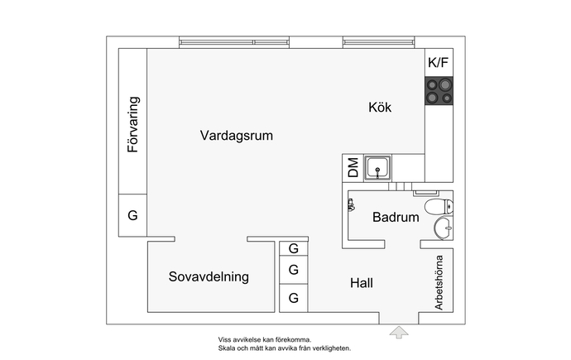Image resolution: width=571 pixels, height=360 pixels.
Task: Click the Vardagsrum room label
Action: (x=237, y=136)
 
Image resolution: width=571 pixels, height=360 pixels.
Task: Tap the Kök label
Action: (x=380, y=108)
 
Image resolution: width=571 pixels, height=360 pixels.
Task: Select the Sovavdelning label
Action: (x=209, y=276)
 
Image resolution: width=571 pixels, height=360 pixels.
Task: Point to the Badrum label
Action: (x=396, y=218)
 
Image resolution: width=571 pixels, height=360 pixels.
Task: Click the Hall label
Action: (x=362, y=283)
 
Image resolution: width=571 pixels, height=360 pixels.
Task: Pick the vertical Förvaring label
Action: (x=133, y=124)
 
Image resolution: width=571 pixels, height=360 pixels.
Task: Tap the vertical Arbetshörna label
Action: (x=439, y=282)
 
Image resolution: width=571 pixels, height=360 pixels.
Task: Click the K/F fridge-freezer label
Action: (x=438, y=63)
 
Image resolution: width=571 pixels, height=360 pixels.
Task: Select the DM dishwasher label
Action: (x=353, y=167)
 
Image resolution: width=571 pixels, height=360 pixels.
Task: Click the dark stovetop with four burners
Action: (x=439, y=91)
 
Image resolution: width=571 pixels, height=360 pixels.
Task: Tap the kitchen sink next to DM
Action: (x=378, y=168)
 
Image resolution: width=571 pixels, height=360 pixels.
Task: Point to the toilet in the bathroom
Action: (x=439, y=206)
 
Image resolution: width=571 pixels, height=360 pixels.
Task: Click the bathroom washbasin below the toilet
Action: (x=444, y=228)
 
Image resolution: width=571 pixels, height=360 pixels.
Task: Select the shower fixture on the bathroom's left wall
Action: (x=351, y=205)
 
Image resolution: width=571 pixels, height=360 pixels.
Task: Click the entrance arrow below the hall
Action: (x=399, y=333)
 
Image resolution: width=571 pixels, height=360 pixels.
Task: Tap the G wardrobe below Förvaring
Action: (x=133, y=215)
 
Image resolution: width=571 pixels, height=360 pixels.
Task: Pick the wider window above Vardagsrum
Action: (x=234, y=42)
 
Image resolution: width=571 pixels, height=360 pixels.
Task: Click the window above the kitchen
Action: (x=379, y=42)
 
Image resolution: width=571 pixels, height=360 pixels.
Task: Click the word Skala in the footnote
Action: (x=226, y=348)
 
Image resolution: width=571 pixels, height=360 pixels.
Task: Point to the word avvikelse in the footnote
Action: (x=249, y=339)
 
